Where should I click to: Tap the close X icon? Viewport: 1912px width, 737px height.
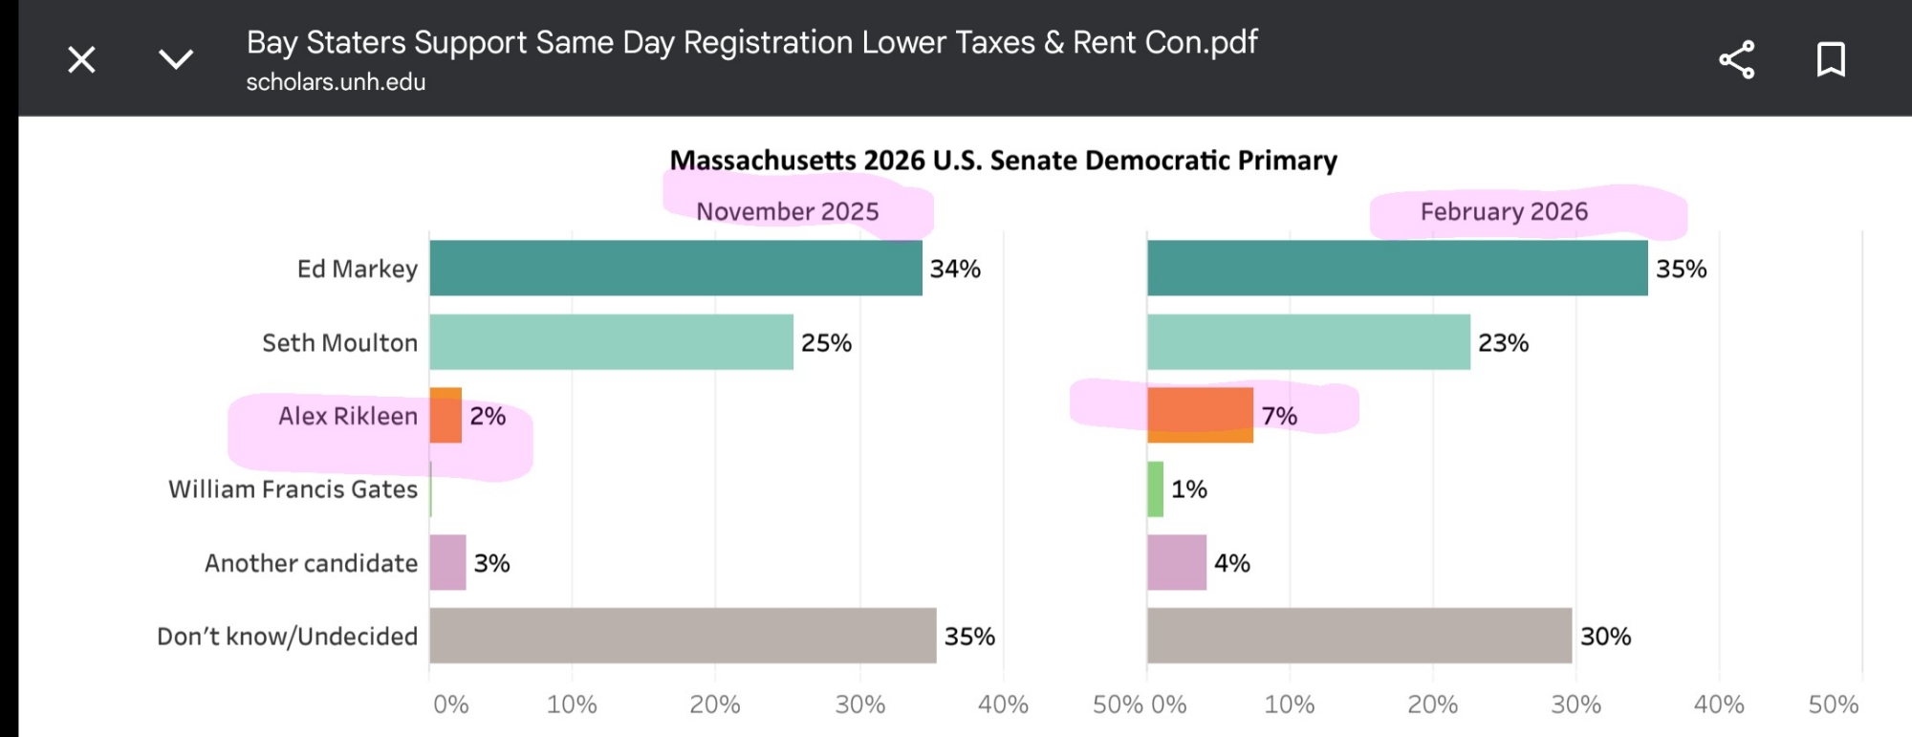click(x=82, y=60)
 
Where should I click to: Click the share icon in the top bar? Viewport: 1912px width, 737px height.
click(x=1736, y=60)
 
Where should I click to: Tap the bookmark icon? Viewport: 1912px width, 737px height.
click(x=1830, y=60)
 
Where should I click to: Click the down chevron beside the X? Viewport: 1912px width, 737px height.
click(x=176, y=60)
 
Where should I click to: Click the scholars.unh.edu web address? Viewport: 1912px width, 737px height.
click(x=336, y=82)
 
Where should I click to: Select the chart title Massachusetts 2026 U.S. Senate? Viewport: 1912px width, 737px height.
click(x=1003, y=161)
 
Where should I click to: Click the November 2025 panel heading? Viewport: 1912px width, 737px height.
click(x=787, y=211)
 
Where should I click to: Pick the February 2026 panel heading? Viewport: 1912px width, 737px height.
click(x=1504, y=211)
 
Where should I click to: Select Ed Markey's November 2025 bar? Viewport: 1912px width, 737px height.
click(x=675, y=268)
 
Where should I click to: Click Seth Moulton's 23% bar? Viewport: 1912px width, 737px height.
click(x=1308, y=342)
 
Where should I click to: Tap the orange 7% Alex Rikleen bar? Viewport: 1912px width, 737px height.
click(x=1200, y=416)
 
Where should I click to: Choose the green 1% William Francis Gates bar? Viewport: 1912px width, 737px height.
click(x=1155, y=489)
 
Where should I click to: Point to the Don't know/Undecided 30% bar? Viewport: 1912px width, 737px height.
click(x=1358, y=636)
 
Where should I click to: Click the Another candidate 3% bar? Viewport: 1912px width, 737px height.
click(x=447, y=563)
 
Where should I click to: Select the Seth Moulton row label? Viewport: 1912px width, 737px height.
click(x=339, y=342)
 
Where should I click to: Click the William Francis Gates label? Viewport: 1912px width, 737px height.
click(x=293, y=489)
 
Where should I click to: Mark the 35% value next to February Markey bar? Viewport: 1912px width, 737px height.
click(x=1681, y=269)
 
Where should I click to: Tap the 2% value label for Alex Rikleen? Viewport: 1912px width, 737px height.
click(x=488, y=416)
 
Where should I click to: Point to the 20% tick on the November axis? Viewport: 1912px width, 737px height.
click(x=715, y=705)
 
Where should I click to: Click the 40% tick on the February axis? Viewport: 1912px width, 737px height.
click(x=1718, y=705)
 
